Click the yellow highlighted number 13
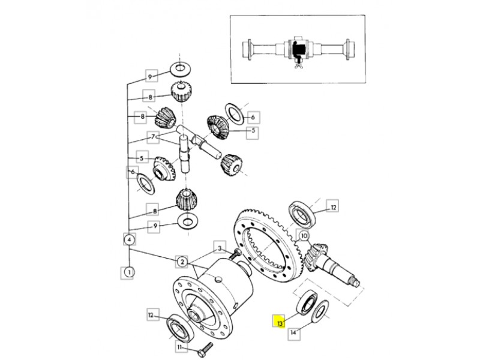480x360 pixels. click(x=279, y=321)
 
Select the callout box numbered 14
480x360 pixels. click(x=294, y=333)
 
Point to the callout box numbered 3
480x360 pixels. click(x=219, y=248)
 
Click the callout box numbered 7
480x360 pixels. click(x=154, y=137)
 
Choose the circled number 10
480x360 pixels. click(x=304, y=236)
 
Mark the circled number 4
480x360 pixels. click(x=129, y=239)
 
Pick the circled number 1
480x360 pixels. click(x=129, y=272)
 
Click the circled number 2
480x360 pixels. click(x=182, y=262)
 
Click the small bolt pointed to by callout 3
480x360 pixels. click(x=236, y=253)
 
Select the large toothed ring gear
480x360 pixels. click(x=268, y=245)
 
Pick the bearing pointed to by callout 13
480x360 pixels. click(x=307, y=302)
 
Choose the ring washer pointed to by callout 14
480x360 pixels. click(x=320, y=311)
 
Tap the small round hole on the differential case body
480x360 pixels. click(x=218, y=279)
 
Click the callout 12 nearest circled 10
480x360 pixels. click(x=333, y=208)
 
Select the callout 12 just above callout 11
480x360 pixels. click(x=153, y=314)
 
